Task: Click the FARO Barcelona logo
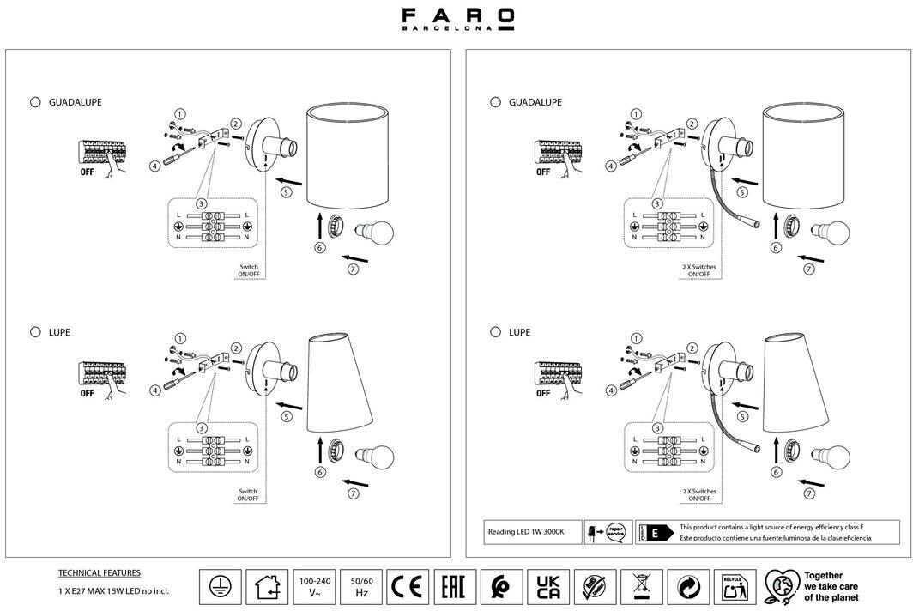tap(458, 20)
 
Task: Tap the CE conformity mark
tap(408, 587)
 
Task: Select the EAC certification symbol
tap(454, 587)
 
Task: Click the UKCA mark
tap(548, 587)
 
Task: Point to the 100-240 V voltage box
tap(314, 587)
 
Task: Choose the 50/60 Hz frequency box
tap(361, 587)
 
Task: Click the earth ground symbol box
tap(221, 587)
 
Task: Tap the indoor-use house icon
tap(267, 587)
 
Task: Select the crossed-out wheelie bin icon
tap(642, 587)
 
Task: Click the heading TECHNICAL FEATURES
tap(99, 572)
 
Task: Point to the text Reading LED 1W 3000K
tap(526, 532)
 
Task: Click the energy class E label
tap(654, 532)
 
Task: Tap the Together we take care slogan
tap(830, 586)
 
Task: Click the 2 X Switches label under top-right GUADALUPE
tap(698, 272)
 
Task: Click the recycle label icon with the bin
tap(735, 587)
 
